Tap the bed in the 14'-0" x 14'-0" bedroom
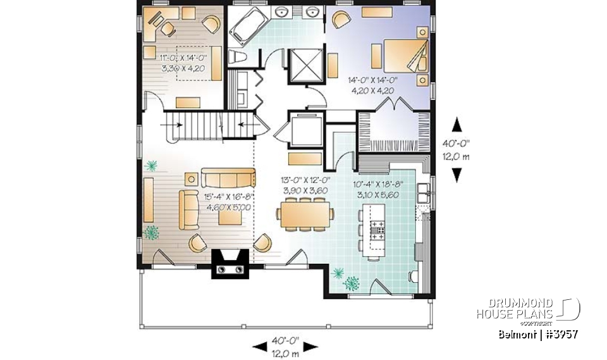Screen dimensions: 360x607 point(404,57)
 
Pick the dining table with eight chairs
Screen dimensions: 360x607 point(304,213)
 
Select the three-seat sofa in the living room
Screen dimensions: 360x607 point(228,176)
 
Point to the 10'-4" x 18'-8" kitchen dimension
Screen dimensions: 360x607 point(376,190)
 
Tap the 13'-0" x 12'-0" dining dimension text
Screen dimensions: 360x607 point(303,185)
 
